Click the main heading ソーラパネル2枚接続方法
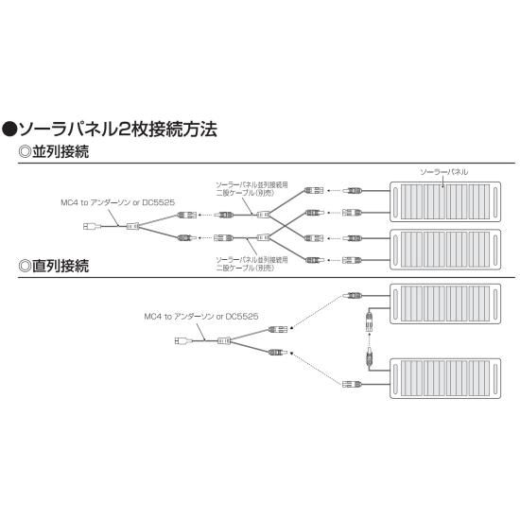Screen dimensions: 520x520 tap(118, 129)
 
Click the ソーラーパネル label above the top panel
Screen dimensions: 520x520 tap(443, 172)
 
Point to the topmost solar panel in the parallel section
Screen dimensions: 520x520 tap(445, 201)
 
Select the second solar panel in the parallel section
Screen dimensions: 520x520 tap(445, 249)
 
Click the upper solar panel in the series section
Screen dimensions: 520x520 tap(445, 303)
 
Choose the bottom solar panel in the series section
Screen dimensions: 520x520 tap(445, 378)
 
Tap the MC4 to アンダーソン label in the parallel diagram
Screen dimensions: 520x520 tap(118, 202)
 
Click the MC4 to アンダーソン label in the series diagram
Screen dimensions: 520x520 tap(201, 317)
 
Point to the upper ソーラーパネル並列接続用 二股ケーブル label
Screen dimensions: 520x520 tap(251, 189)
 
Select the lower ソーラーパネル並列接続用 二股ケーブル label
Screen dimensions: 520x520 tap(251, 264)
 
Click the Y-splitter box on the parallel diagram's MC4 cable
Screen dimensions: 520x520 tap(132, 227)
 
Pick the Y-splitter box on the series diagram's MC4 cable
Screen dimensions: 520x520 tap(224, 340)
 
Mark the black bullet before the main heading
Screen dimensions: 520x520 tap(9, 130)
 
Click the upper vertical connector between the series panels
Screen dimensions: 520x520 tap(369, 321)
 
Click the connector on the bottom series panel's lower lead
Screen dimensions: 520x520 tap(352, 385)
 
